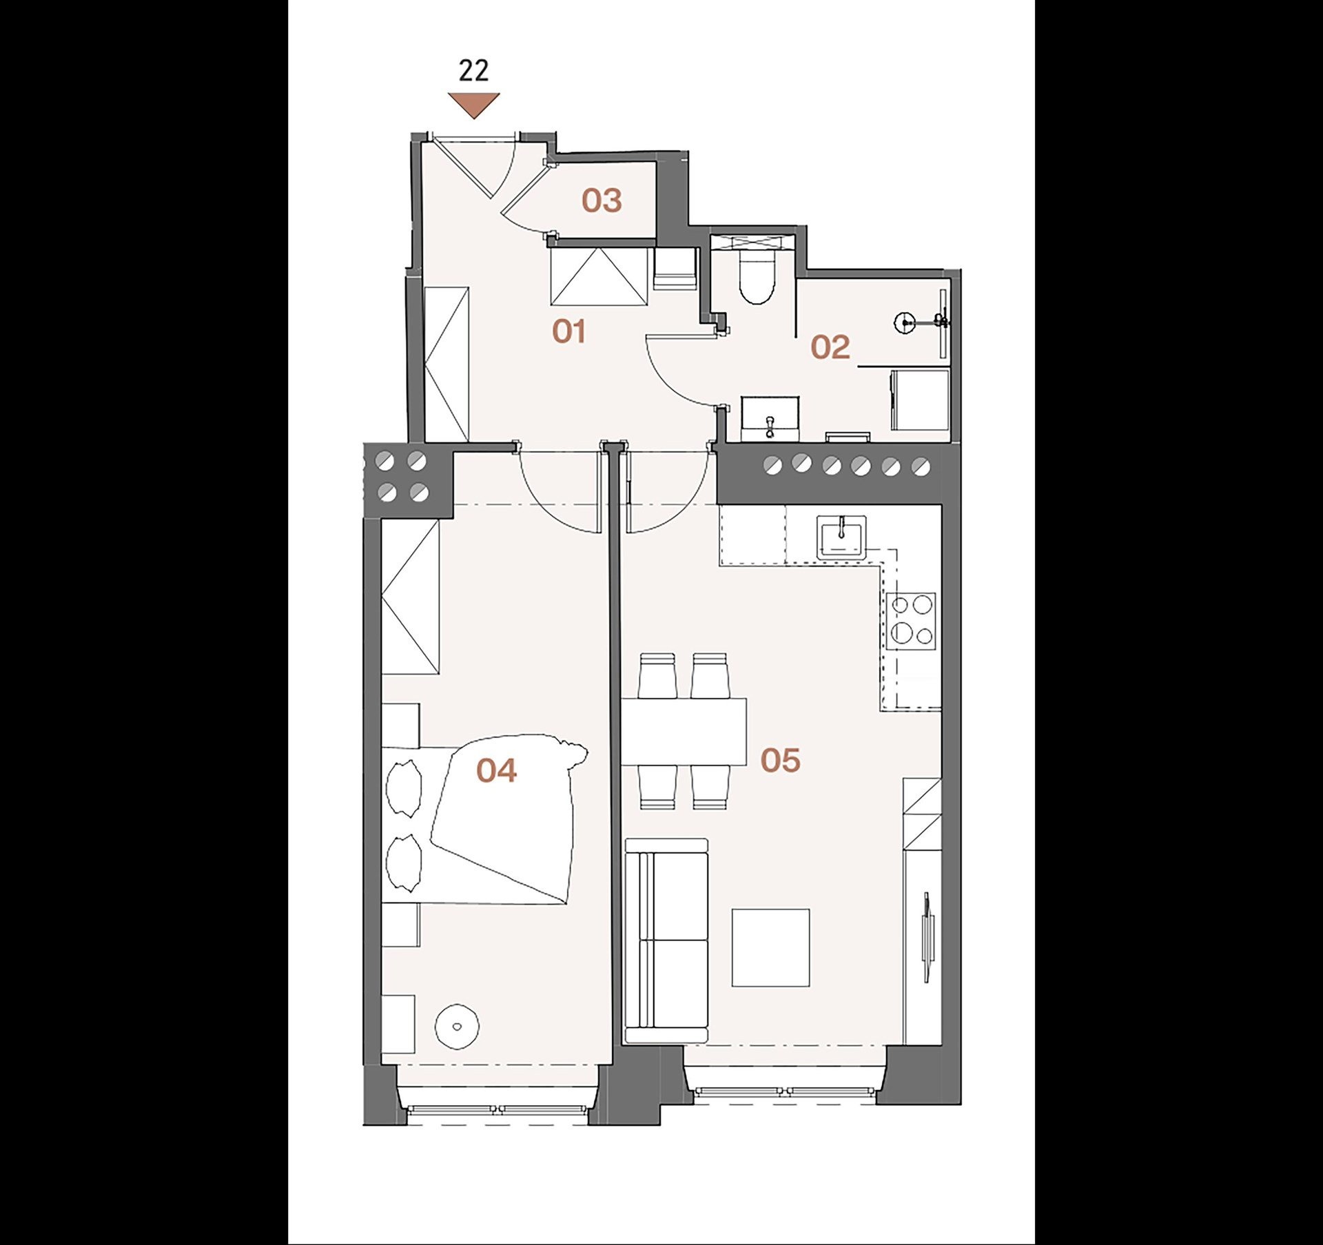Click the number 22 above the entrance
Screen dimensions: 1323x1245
473,71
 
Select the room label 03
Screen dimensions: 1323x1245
602,200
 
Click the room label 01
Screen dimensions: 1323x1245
569,332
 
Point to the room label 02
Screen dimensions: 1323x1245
830,347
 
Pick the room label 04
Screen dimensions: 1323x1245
496,770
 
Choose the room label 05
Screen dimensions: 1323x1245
781,761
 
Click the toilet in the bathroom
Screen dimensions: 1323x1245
756,276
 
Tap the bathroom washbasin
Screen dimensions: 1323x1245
770,419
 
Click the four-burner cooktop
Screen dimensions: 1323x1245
911,621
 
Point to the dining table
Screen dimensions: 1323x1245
684,732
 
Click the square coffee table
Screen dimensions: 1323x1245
770,947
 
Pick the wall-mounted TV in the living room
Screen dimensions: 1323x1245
927,937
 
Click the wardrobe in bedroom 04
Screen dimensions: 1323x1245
410,597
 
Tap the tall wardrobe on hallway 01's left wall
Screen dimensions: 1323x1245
447,364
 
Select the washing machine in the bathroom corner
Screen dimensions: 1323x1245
921,400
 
